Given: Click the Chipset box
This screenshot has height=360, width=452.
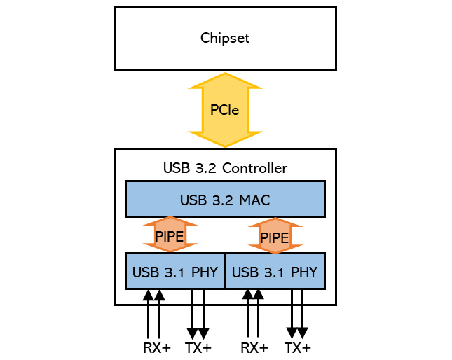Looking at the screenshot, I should point(225,38).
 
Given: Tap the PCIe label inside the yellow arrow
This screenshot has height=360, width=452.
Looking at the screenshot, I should point(225,110).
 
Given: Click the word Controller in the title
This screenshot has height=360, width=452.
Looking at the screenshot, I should point(252,168).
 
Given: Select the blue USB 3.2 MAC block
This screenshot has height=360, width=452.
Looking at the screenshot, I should point(225,199).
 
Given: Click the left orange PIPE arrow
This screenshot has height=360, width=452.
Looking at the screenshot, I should point(170,235).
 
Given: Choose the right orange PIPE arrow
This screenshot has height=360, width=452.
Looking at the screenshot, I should point(274,236).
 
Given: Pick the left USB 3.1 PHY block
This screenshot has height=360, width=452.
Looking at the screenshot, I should point(175,271).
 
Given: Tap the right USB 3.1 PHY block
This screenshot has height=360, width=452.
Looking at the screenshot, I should point(275,271).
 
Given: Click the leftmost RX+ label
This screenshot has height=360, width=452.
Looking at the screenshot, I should point(156,348).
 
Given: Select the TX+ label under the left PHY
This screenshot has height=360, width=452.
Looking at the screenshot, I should point(198,348).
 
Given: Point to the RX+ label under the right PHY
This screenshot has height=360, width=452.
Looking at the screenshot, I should point(254,348).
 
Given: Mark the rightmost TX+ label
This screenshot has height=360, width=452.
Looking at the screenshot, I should point(298,348).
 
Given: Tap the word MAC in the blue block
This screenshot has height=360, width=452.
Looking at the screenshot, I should point(256,200).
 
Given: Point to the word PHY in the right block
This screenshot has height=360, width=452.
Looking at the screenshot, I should point(304,272).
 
